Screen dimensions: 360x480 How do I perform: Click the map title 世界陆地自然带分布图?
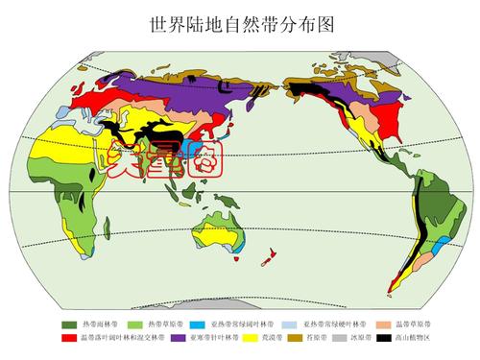pyautogui.click(x=240, y=20)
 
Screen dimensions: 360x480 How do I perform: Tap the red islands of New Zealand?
pyautogui.click(x=273, y=255)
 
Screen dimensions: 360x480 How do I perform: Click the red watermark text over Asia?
pyautogui.click(x=167, y=159)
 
